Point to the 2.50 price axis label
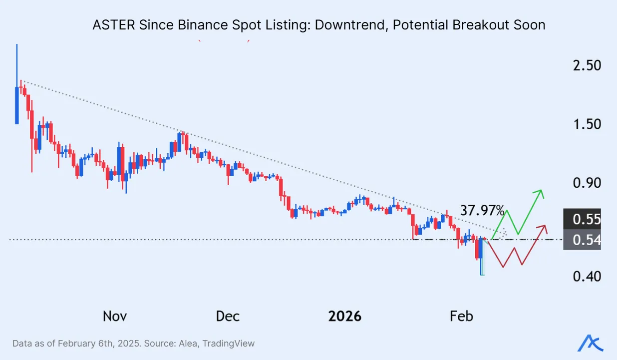587,65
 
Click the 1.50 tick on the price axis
587,124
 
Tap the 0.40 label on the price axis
587,276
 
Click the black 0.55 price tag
586,219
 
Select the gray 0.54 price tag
586,240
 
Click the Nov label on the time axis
115,316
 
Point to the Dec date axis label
228,316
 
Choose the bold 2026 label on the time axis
344,316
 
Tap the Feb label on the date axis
461,316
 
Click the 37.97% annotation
482,210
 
